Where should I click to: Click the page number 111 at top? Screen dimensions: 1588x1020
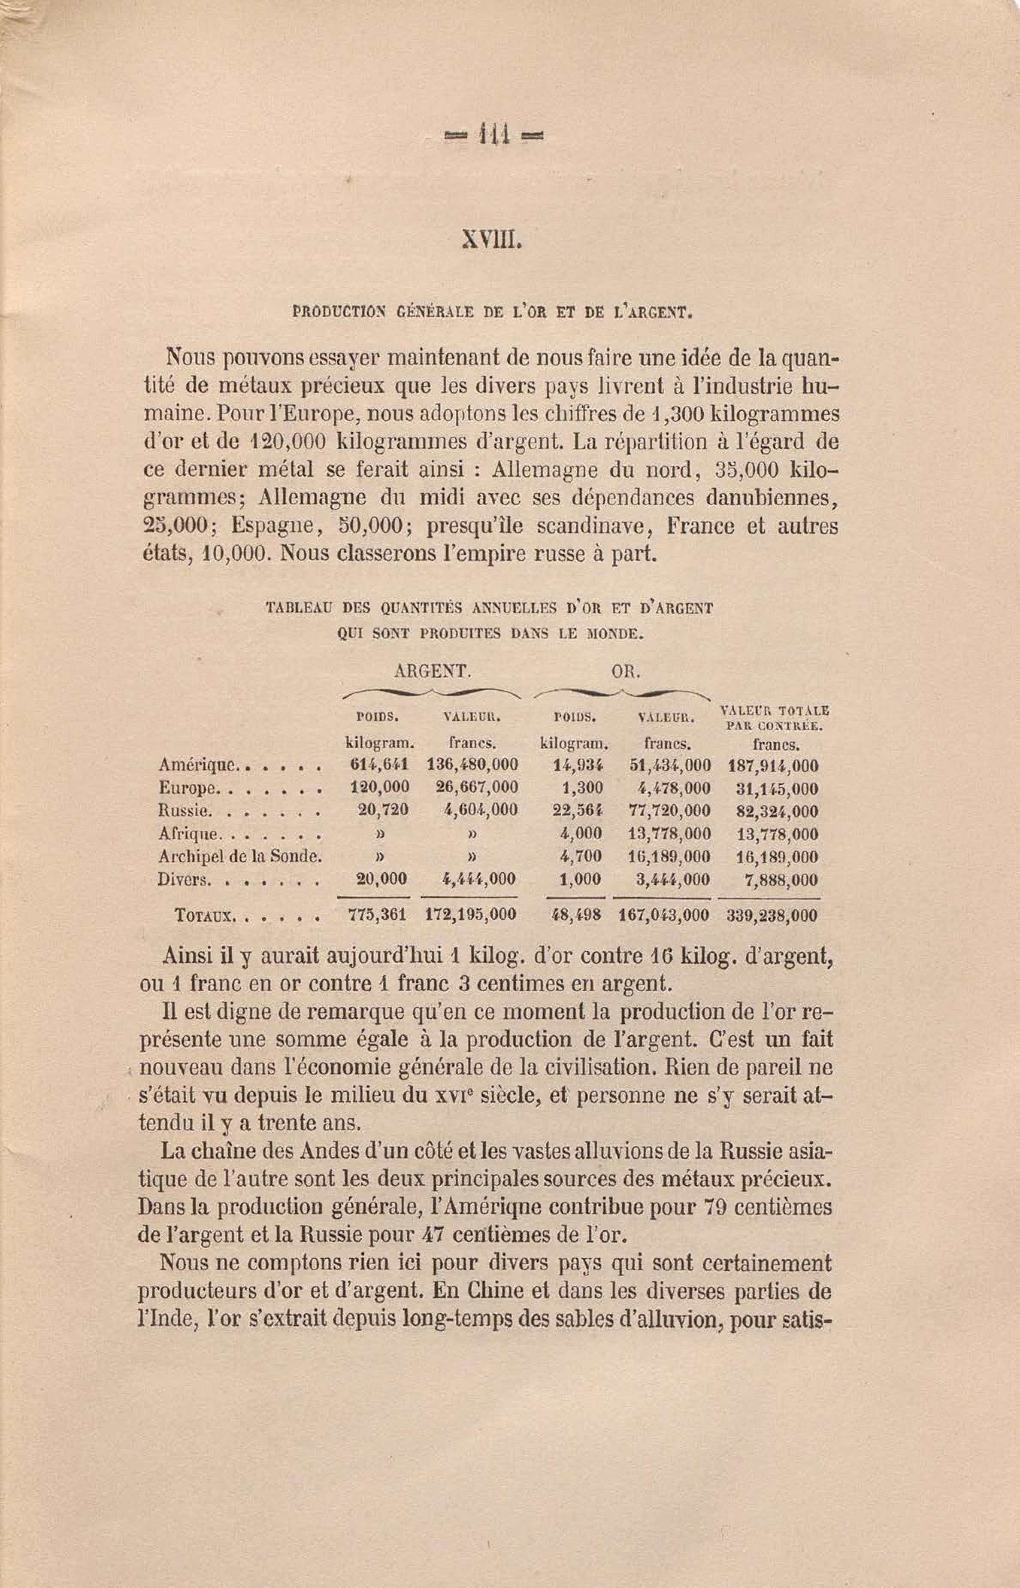[493, 135]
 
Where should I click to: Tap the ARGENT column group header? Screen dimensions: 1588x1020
[432, 671]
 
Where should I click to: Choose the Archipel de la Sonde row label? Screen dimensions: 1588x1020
[240, 856]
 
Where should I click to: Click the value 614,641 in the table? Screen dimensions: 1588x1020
[379, 765]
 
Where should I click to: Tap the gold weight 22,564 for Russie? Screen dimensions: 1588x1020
[578, 810]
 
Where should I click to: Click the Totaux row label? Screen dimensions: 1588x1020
[204, 916]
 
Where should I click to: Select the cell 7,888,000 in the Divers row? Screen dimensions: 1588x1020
[780, 880]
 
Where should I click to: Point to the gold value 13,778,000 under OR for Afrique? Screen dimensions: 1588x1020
[669, 833]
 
